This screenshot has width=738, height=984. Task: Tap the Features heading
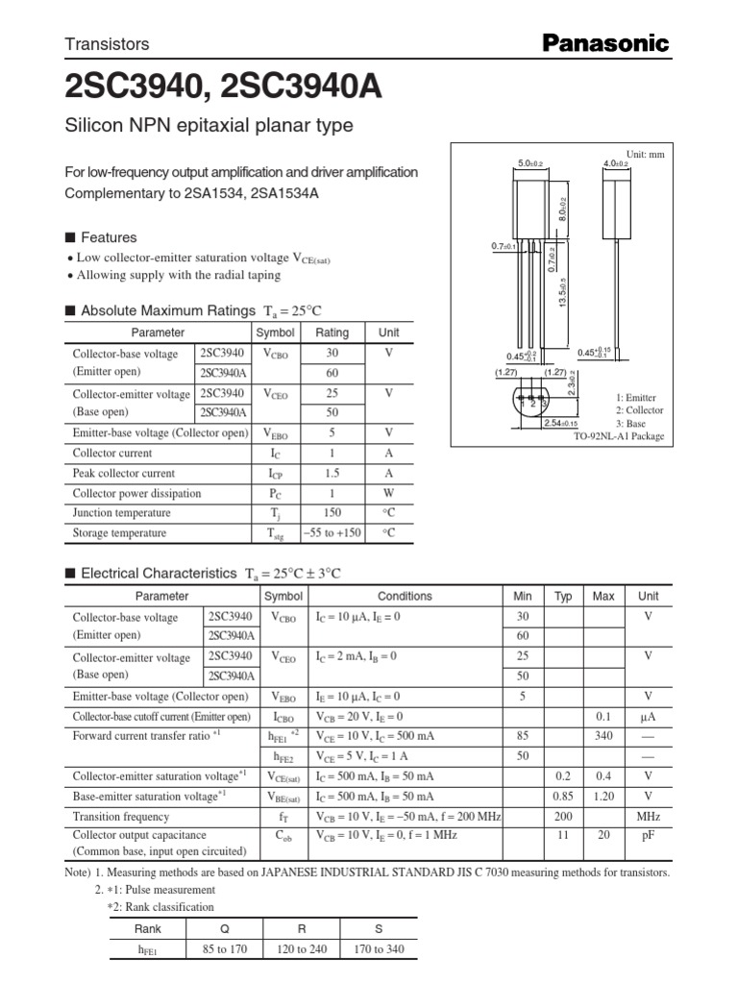coord(109,237)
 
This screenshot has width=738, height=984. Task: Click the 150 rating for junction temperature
coord(332,513)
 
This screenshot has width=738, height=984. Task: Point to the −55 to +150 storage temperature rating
coord(332,533)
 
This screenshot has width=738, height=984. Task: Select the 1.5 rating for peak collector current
coord(332,474)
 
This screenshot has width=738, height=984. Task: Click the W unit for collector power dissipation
coord(388,494)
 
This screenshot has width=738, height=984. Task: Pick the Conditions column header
coord(405,597)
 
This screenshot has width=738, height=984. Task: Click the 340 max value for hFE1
coord(603,736)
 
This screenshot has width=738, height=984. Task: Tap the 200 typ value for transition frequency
coord(563,817)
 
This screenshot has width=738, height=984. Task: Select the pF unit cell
coord(649,837)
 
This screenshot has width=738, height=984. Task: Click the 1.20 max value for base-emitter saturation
coord(603,797)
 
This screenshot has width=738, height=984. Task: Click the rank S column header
coord(377,928)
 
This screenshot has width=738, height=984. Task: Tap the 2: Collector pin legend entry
coord(639,410)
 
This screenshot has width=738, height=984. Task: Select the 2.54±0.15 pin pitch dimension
coord(560,423)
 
